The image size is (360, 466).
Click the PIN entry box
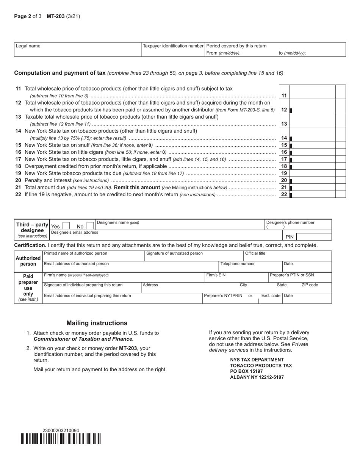pyautogui.click(x=314, y=237)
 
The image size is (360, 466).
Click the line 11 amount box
pyautogui.click(x=312, y=92)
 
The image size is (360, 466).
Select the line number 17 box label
pyautogui.click(x=284, y=159)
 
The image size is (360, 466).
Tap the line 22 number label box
pyautogui.click(x=284, y=194)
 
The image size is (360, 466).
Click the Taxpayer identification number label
pyautogui.click(x=173, y=46)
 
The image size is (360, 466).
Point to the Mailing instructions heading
pyautogui.click(x=97, y=323)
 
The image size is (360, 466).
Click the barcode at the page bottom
pyautogui.click(x=61, y=439)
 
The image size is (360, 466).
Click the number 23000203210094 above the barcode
pyautogui.click(x=61, y=430)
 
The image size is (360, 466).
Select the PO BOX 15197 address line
pyautogui.click(x=246, y=371)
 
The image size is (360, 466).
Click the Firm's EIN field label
pyautogui.click(x=216, y=275)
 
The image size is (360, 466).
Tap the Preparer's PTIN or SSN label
pyautogui.click(x=292, y=275)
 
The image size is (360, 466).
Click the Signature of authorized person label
pyautogui.click(x=174, y=253)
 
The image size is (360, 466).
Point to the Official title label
pyautogui.click(x=255, y=253)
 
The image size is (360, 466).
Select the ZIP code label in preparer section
pyautogui.click(x=310, y=285)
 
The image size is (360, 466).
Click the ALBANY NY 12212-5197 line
pyautogui.click(x=257, y=377)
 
